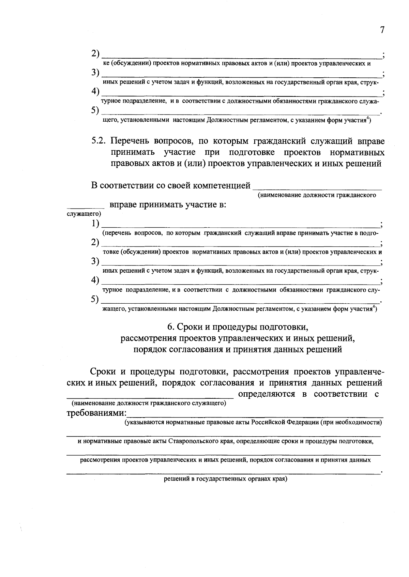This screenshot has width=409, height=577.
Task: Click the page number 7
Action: click(382, 30)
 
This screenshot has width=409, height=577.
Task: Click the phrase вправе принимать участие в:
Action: click(168, 205)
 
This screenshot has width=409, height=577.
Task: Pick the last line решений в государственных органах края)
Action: click(226, 479)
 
